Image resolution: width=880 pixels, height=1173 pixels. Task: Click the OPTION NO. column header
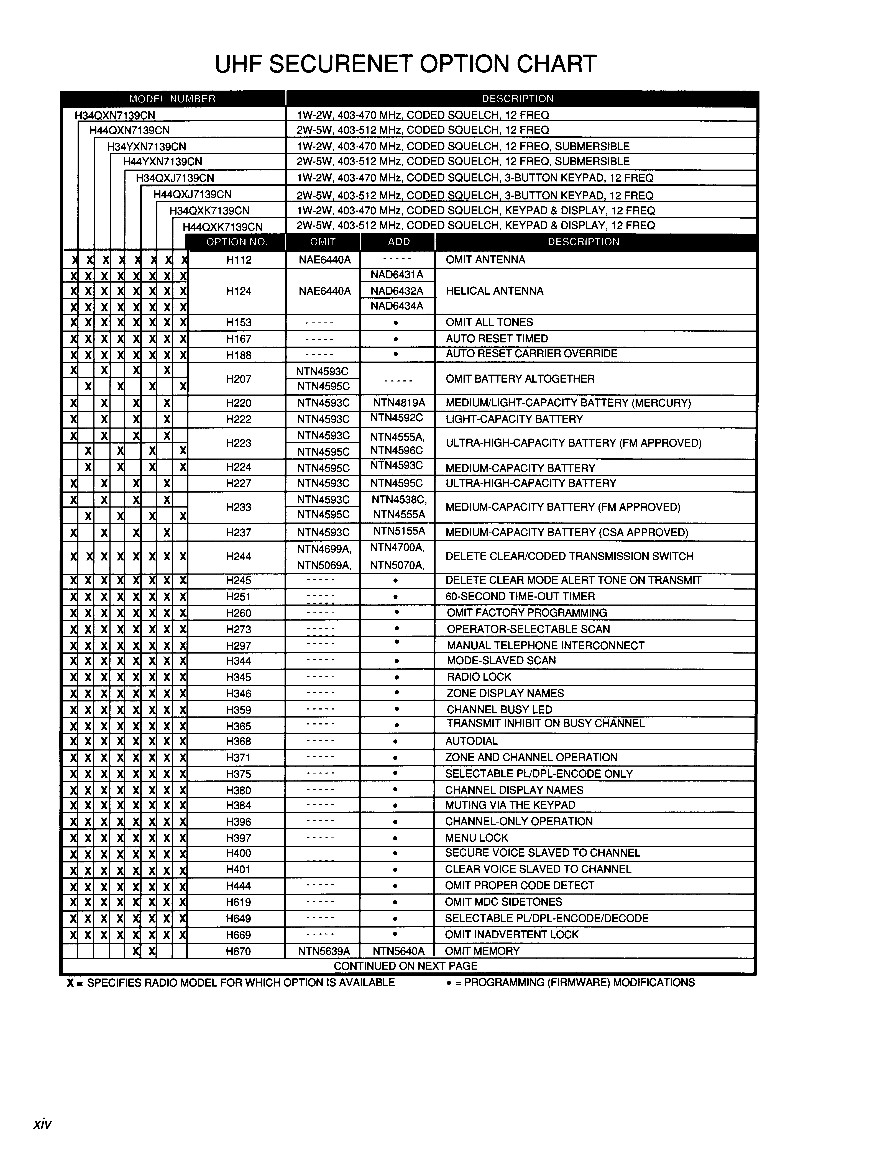pos(237,242)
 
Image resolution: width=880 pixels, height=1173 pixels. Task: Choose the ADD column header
pos(398,242)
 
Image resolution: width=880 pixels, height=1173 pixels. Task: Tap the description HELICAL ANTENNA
pos(494,291)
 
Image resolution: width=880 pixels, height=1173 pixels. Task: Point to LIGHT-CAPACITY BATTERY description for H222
pos(514,419)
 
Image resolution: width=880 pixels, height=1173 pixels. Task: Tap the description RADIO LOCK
pos(479,677)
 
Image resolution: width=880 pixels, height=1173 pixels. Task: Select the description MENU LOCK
pos(476,838)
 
